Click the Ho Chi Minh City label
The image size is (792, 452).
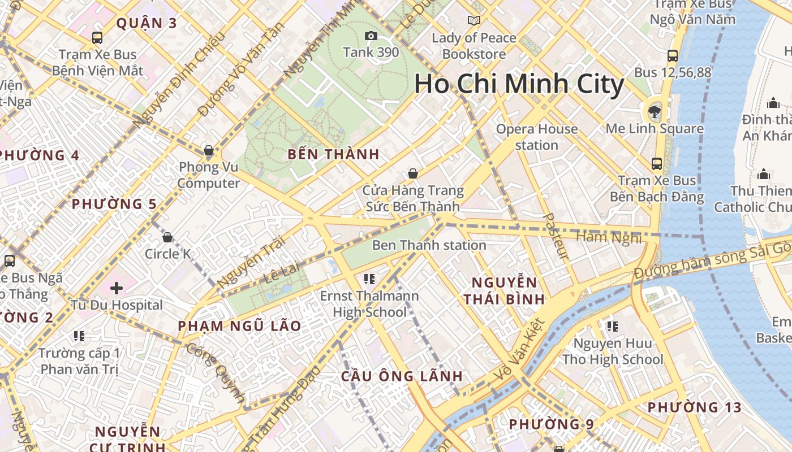click(519, 85)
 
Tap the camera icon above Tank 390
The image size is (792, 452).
click(371, 36)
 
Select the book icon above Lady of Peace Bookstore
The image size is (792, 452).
click(474, 21)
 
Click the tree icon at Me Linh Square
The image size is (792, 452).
click(655, 111)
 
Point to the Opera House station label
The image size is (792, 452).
click(536, 137)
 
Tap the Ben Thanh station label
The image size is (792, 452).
click(429, 245)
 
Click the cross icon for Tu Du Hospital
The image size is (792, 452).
click(117, 288)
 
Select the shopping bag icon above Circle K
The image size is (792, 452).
click(167, 237)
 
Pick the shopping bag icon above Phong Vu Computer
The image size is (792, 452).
click(209, 150)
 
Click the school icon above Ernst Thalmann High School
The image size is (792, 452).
click(370, 279)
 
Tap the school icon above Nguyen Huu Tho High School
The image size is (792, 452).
click(612, 326)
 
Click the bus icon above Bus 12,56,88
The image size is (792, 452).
click(673, 56)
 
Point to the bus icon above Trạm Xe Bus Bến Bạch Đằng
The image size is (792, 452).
click(657, 164)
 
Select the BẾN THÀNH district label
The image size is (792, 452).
click(333, 154)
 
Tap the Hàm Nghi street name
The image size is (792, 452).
click(609, 237)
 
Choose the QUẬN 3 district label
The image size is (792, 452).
click(147, 23)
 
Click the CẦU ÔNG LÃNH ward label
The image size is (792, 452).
click(402, 376)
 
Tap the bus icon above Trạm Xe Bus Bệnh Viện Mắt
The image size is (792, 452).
click(97, 38)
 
